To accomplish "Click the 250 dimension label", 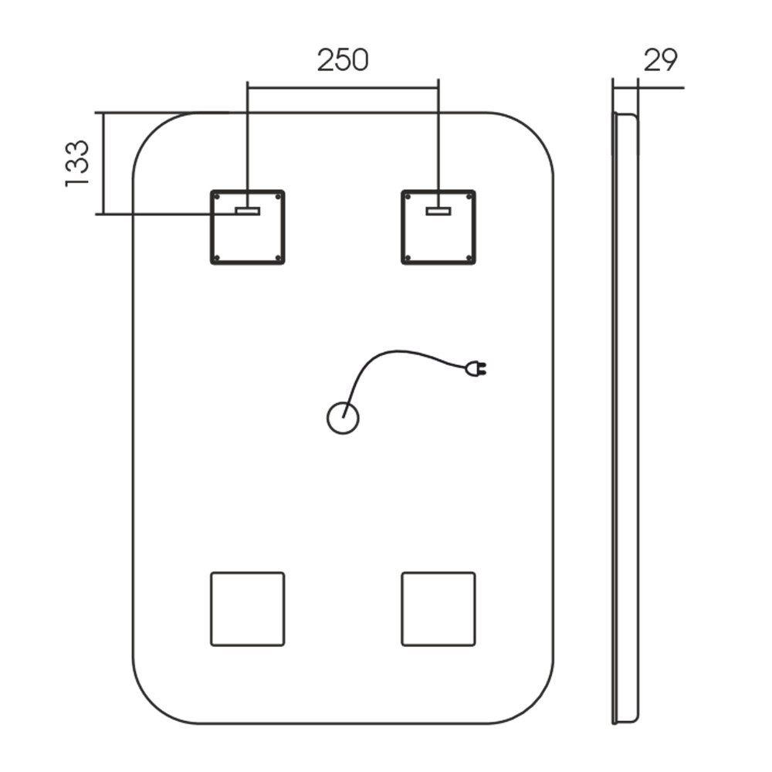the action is pyautogui.click(x=343, y=60).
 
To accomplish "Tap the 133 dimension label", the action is pyautogui.click(x=76, y=164).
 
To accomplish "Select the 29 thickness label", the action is pyautogui.click(x=660, y=60).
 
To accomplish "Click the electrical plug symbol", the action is pyautogui.click(x=476, y=368).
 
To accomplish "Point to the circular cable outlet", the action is pyautogui.click(x=344, y=418).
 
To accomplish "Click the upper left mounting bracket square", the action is pyautogui.click(x=248, y=227).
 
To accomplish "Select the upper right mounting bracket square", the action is pyautogui.click(x=438, y=227).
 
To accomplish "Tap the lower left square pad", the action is pyautogui.click(x=248, y=609).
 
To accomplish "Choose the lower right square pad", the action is pyautogui.click(x=438, y=609).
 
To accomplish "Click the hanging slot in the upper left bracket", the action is pyautogui.click(x=248, y=212).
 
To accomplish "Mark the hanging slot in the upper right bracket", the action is pyautogui.click(x=438, y=212).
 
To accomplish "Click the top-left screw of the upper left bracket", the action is pyautogui.click(x=217, y=196).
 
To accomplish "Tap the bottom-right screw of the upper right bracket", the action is pyautogui.click(x=469, y=258).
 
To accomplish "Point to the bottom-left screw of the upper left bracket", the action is pyautogui.click(x=217, y=258).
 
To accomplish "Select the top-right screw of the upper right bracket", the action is pyautogui.click(x=469, y=196).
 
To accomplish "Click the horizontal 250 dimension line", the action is pyautogui.click(x=344, y=88).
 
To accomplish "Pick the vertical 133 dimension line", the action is pyautogui.click(x=104, y=164).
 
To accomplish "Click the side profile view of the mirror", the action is pyautogui.click(x=625, y=418).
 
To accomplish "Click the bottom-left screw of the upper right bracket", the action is pyautogui.click(x=408, y=258).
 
